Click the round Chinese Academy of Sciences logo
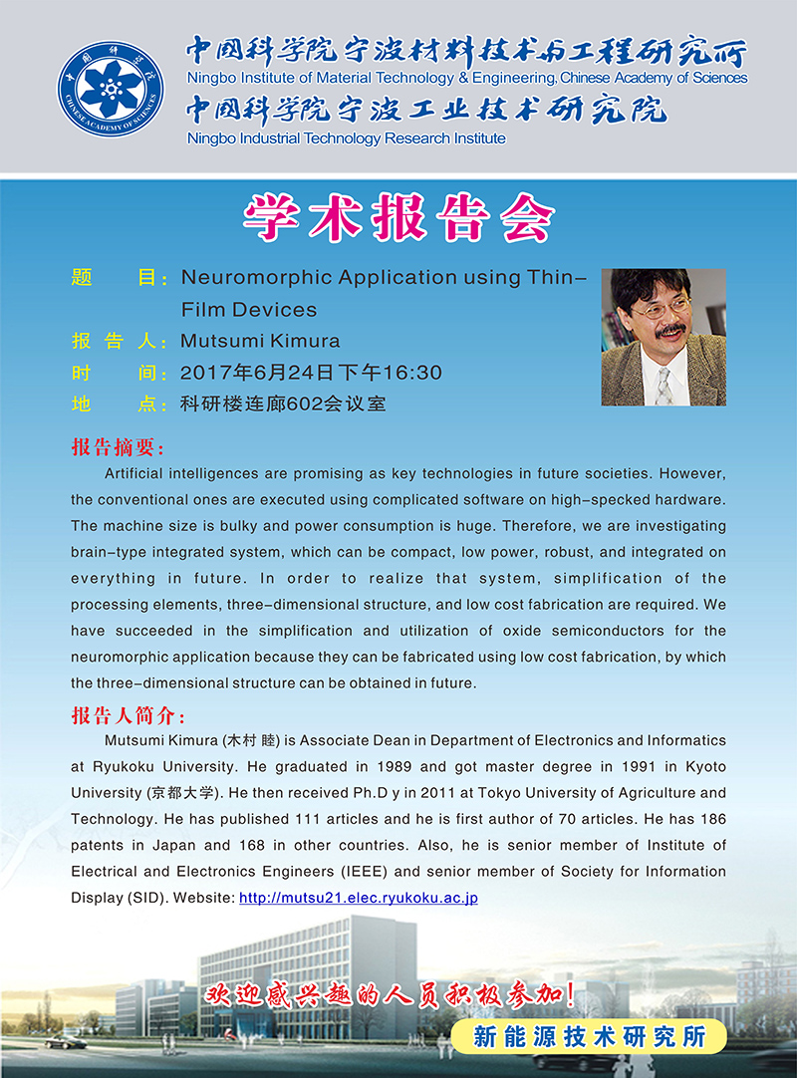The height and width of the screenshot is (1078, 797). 111,89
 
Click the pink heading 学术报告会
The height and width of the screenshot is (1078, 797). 398,215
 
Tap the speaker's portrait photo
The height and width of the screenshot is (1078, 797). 663,337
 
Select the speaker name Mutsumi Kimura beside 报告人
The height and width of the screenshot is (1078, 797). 260,341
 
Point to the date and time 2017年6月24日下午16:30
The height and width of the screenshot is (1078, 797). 311,373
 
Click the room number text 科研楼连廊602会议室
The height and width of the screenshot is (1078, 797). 283,404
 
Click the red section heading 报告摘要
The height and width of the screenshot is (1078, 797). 118,445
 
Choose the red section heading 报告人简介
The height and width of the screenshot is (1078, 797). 128,716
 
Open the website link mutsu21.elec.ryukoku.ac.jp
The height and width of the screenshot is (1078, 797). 359,898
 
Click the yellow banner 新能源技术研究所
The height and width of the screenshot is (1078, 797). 589,1036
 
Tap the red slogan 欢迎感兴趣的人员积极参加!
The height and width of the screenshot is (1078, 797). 390,994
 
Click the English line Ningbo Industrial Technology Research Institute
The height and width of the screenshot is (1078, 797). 347,138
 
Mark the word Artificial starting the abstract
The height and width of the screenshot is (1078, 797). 134,472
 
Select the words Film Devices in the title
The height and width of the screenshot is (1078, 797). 249,309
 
